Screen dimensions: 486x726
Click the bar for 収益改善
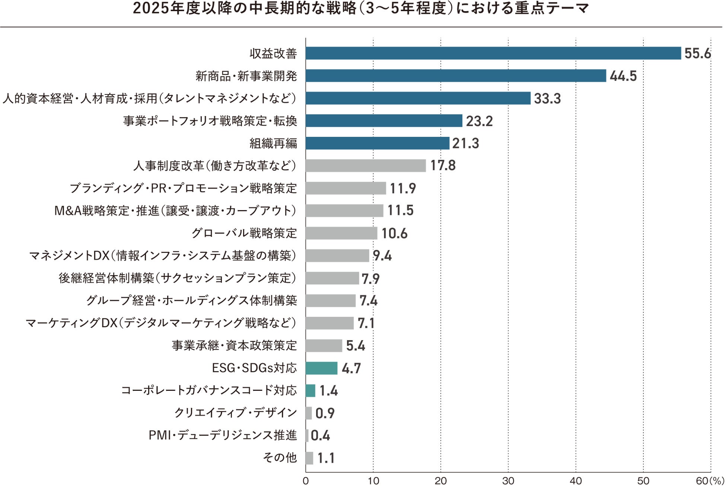click(x=493, y=53)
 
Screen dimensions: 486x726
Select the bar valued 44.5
click(x=456, y=76)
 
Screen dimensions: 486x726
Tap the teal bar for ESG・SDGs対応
click(x=321, y=368)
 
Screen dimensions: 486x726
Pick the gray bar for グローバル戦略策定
click(x=341, y=233)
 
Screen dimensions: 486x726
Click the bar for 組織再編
click(x=378, y=143)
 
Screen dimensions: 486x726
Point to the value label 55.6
click(x=697, y=54)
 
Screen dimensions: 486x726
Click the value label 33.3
click(x=547, y=99)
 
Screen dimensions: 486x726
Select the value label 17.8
click(x=443, y=165)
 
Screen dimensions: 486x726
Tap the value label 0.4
click(x=320, y=435)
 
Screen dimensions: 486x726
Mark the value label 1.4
click(x=328, y=390)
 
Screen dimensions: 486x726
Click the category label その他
click(x=280, y=457)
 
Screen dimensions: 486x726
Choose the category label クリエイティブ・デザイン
click(x=236, y=413)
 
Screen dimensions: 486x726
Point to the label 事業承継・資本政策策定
click(x=234, y=345)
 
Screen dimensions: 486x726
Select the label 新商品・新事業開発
click(x=246, y=76)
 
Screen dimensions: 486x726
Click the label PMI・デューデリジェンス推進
click(x=223, y=435)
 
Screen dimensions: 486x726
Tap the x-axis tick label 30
click(x=508, y=481)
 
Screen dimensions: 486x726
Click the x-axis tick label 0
click(x=306, y=481)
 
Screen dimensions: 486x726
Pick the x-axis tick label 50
click(x=643, y=481)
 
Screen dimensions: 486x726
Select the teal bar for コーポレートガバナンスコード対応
click(x=311, y=390)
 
